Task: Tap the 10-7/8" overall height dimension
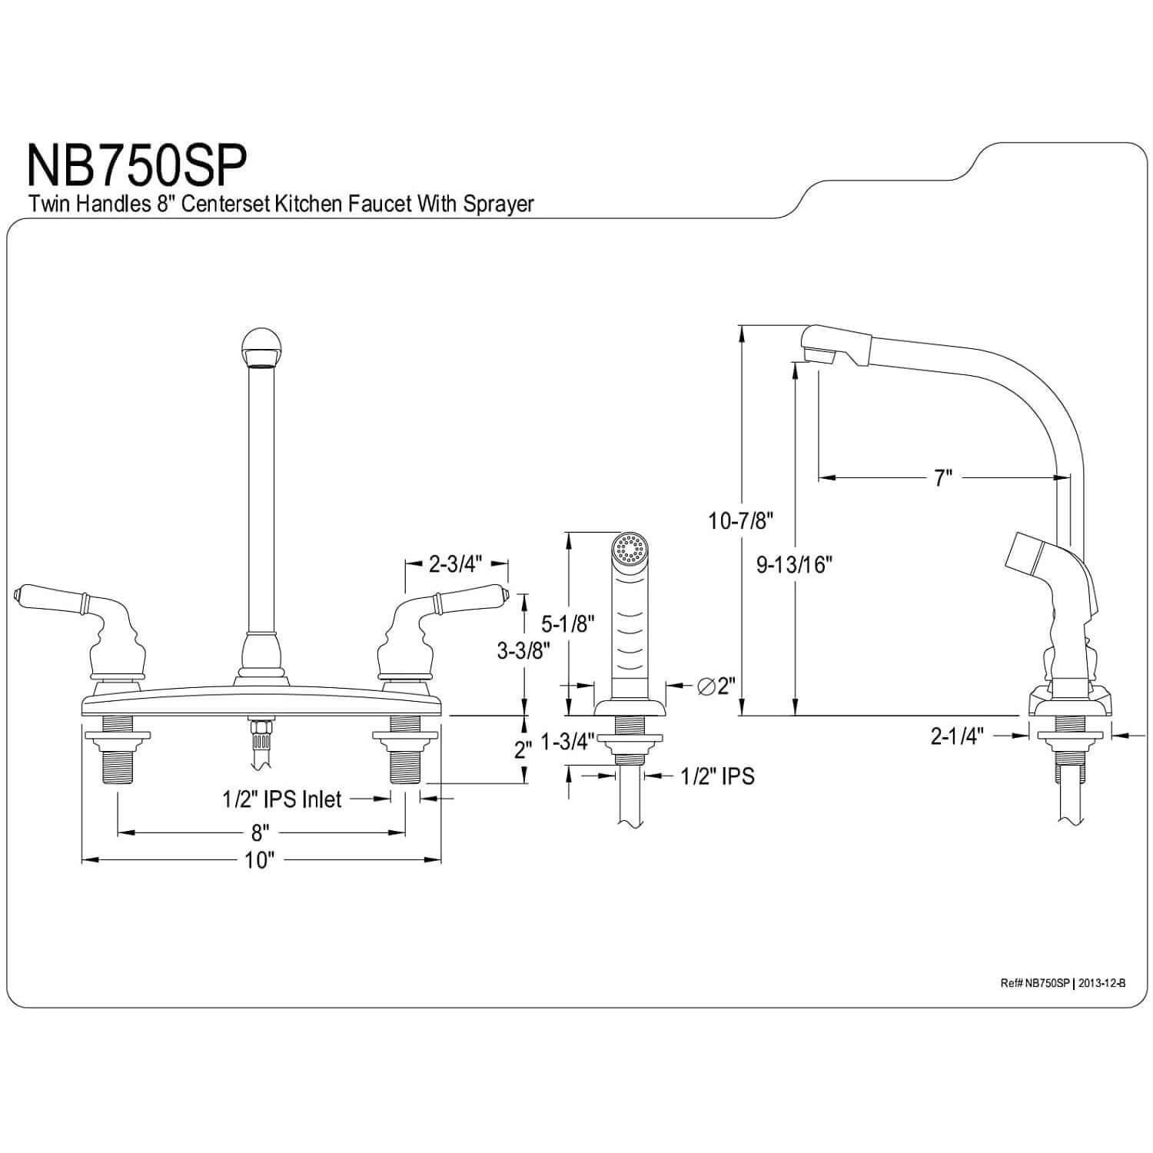coord(740,521)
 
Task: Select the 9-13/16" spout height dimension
coord(795,565)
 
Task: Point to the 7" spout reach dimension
coord(943,478)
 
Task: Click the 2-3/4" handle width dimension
coord(455,565)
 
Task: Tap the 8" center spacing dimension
coord(261,832)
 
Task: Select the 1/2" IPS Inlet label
coord(282,799)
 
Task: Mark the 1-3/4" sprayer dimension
coord(568,742)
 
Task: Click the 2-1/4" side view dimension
coord(957,736)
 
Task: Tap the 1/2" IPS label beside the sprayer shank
coord(717,776)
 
